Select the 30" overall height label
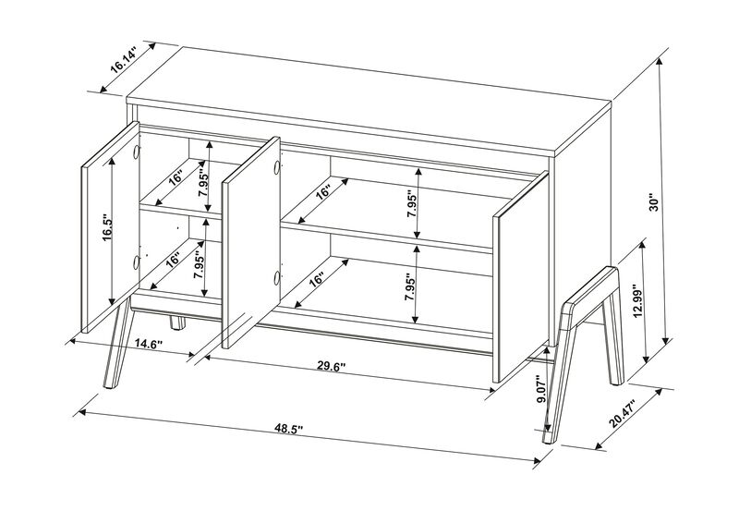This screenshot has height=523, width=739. coord(653,201)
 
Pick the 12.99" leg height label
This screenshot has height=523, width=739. coord(635,298)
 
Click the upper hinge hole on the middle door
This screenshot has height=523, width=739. coord(275,166)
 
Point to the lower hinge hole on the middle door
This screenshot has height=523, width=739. coord(275,277)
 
